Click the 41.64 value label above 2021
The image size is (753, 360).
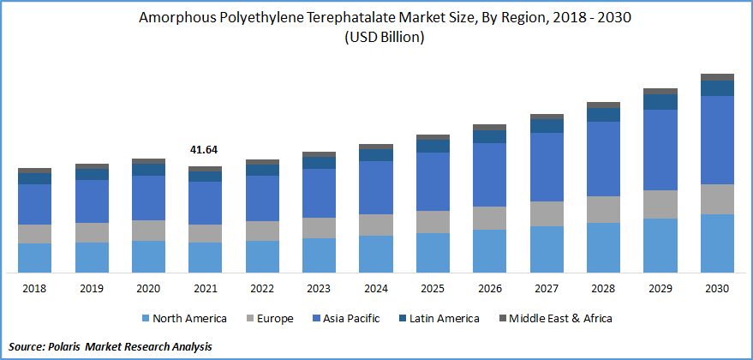[x=204, y=150]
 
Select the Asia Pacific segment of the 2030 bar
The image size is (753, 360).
[x=717, y=140]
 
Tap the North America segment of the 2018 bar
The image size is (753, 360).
[x=34, y=257]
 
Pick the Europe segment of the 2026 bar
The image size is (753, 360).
[x=489, y=218]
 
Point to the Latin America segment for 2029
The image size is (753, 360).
[x=660, y=101]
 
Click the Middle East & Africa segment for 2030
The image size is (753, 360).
[x=717, y=77]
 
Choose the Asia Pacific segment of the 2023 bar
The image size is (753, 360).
[x=319, y=193]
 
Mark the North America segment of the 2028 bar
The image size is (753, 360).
[x=603, y=247]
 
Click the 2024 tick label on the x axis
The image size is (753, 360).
[x=375, y=289]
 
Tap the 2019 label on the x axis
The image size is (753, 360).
[x=91, y=289]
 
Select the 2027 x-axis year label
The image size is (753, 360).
[x=547, y=289]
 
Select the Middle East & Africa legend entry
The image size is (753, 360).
[x=562, y=319]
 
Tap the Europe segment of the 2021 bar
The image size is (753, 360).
[x=205, y=233]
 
